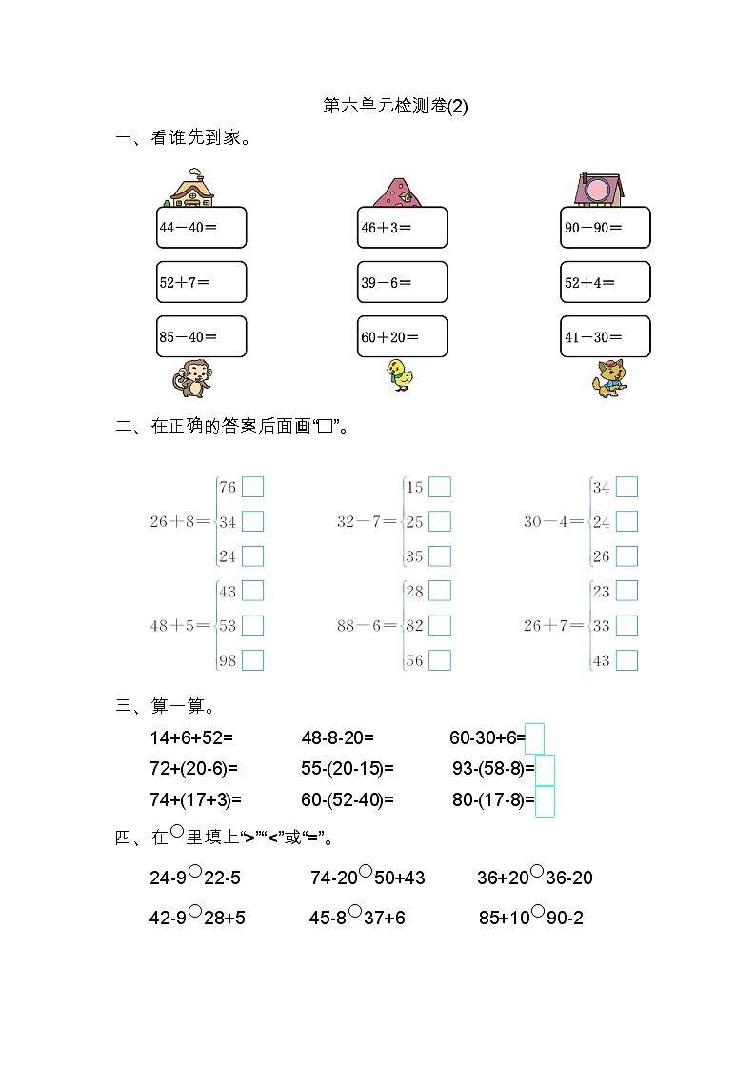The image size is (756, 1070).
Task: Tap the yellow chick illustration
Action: click(x=400, y=374)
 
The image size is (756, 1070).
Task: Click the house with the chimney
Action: click(x=192, y=189)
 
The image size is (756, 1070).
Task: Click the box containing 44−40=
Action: click(x=201, y=228)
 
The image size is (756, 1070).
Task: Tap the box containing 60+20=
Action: click(x=402, y=336)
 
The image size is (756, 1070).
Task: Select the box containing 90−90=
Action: click(x=606, y=228)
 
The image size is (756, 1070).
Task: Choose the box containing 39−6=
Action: click(x=402, y=282)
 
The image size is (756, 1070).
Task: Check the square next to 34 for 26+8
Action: click(x=252, y=521)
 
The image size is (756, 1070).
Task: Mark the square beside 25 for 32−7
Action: click(x=440, y=521)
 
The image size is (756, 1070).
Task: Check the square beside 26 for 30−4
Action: click(x=627, y=555)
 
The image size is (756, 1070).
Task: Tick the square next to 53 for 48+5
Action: click(x=252, y=625)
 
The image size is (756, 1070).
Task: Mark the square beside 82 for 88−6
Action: click(x=440, y=625)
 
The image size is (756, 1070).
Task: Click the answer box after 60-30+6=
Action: click(x=535, y=738)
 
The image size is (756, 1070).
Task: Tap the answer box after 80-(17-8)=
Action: click(x=545, y=801)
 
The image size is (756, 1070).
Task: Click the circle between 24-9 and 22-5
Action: click(x=194, y=871)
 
